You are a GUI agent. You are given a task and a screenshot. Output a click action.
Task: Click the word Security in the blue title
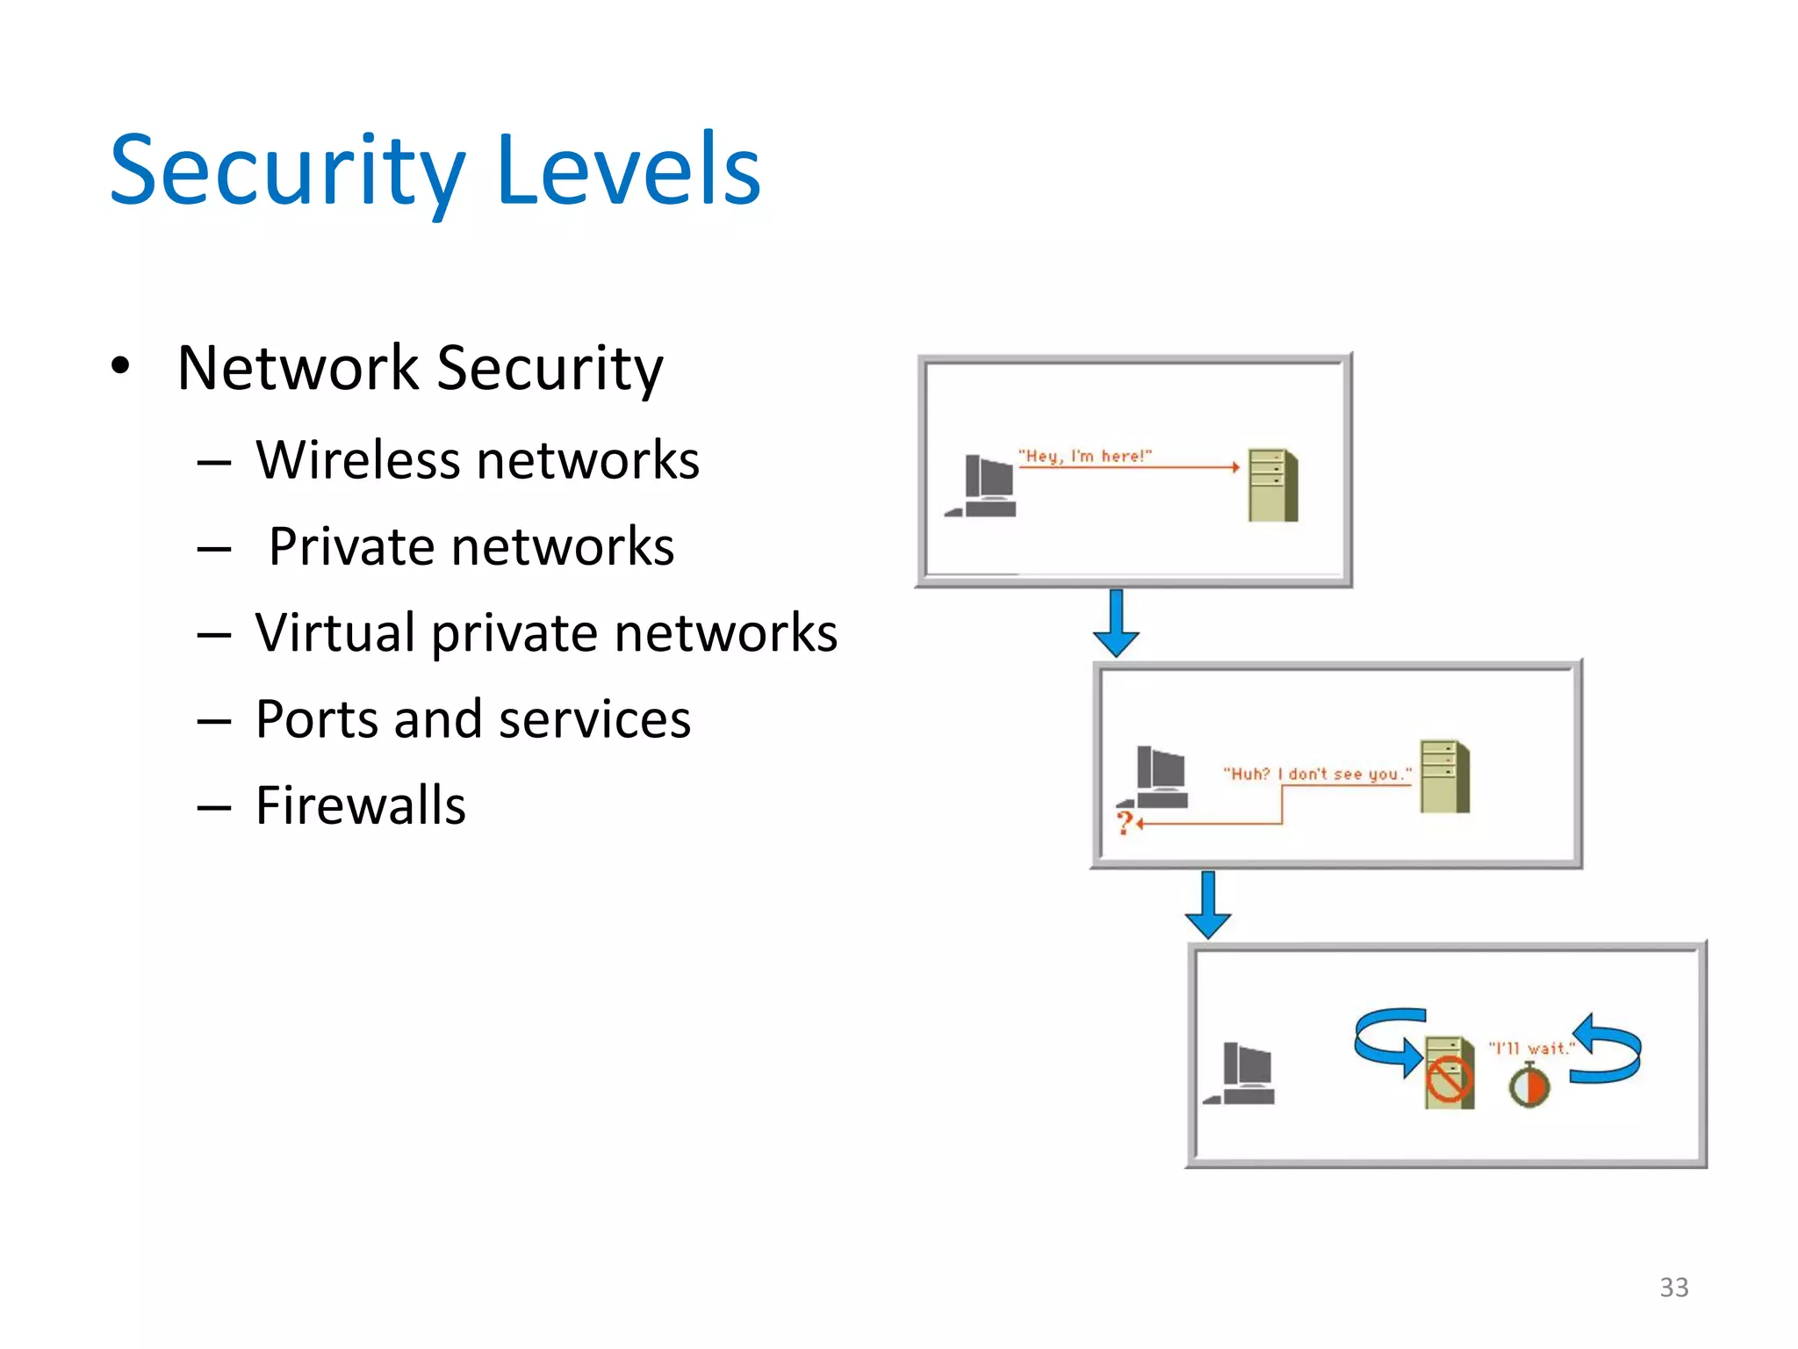click(x=287, y=171)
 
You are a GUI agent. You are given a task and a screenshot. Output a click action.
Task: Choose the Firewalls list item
click(x=360, y=804)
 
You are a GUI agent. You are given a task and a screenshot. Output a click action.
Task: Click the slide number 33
click(x=1673, y=1287)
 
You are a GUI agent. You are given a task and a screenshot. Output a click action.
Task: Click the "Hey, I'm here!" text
click(x=1084, y=456)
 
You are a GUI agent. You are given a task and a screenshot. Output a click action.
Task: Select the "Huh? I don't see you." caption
click(x=1317, y=774)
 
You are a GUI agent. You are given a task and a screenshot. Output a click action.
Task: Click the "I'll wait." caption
click(x=1531, y=1048)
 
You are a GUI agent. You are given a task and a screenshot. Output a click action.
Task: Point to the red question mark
click(x=1124, y=823)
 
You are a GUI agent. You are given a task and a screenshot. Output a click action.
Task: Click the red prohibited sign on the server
click(x=1448, y=1079)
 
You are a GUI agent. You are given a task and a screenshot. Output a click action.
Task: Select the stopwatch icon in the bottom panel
click(x=1529, y=1086)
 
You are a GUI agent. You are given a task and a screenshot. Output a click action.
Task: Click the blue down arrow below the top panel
click(x=1116, y=624)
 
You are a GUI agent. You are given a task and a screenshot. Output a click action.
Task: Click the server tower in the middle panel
click(x=1445, y=776)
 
